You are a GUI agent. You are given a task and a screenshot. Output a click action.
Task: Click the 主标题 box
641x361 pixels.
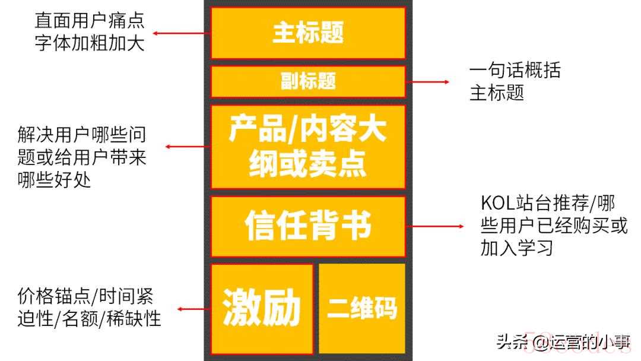[308, 33]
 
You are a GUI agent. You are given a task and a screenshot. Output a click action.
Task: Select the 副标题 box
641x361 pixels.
[308, 81]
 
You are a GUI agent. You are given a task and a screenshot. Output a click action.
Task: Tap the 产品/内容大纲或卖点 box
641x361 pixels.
[308, 147]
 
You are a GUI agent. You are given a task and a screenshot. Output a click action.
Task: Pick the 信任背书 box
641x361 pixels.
[308, 226]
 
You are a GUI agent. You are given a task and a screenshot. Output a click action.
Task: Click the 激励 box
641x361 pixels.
[262, 308]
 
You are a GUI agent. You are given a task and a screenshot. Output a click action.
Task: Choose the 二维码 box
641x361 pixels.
[362, 308]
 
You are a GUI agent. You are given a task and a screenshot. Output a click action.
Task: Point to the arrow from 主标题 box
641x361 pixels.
[182, 33]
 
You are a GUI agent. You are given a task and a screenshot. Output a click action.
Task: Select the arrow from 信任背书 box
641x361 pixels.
[435, 226]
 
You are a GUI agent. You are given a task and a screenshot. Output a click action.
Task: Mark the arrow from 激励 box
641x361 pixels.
[193, 309]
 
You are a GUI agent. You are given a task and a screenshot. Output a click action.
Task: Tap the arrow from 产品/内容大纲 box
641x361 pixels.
[188, 147]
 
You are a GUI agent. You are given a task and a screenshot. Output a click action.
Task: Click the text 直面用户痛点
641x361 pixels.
[90, 20]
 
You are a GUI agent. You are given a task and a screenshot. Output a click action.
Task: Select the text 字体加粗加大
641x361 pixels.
[90, 43]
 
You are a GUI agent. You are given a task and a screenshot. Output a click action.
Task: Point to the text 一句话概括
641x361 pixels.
[515, 70]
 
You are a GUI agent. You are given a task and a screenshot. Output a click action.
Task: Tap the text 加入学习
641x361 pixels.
[517, 248]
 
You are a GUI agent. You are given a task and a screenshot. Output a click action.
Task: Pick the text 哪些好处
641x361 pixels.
[54, 180]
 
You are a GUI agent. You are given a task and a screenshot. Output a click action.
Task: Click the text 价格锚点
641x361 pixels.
[53, 296]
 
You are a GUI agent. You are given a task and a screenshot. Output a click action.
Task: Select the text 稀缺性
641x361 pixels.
[134, 318]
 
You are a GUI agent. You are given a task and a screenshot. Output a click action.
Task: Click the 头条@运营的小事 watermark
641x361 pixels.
[563, 342]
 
